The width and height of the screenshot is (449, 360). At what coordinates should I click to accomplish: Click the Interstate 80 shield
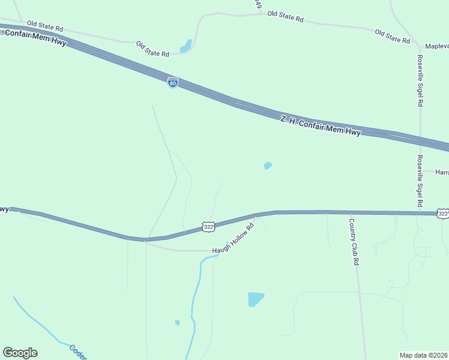click(173, 83)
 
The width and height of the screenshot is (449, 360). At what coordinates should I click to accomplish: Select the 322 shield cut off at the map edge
click(443, 214)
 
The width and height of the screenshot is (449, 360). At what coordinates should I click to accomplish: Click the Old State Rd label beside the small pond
click(152, 49)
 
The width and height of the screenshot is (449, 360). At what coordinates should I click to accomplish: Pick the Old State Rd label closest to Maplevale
click(392, 36)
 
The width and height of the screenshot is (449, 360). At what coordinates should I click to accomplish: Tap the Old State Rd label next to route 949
click(285, 17)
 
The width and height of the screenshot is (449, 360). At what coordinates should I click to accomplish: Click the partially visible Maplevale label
click(437, 46)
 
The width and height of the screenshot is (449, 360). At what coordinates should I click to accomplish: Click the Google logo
click(20, 353)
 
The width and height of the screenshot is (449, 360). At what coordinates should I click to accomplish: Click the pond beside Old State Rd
click(187, 46)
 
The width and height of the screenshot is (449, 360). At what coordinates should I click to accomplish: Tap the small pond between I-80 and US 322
click(268, 166)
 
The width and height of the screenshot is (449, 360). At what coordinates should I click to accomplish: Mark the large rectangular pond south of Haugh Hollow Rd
click(256, 299)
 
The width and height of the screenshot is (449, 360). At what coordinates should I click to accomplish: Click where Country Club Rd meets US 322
click(350, 212)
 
